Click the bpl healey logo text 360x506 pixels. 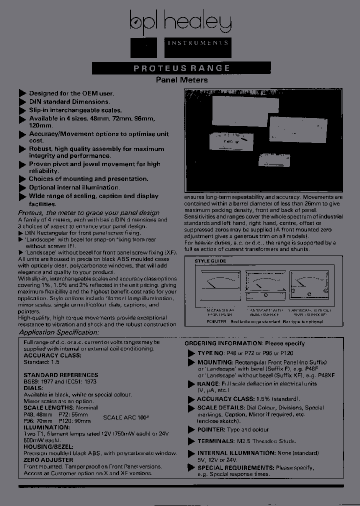[180, 22]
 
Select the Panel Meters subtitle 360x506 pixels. [181, 80]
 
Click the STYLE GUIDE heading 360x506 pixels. [209, 261]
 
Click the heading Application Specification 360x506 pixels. [59, 332]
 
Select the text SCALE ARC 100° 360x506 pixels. [126, 416]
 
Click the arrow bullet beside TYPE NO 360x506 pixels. [190, 353]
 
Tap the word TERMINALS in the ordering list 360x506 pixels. [215, 441]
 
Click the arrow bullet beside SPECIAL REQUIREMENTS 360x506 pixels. [190, 468]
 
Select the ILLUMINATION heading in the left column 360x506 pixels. [44, 427]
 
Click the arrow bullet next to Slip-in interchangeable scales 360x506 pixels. [22, 110]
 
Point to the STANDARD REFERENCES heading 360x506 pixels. [60, 375]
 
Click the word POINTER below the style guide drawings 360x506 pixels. [216, 321]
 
